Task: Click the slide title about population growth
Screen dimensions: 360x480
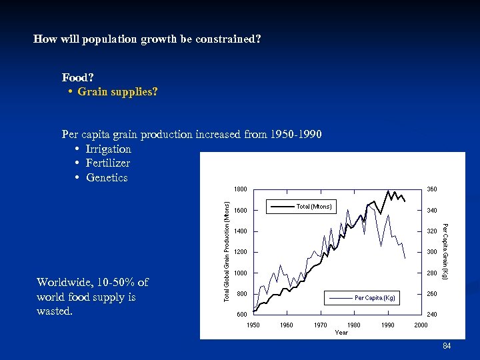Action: [x=147, y=39]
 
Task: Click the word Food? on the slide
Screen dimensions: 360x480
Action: [x=78, y=78]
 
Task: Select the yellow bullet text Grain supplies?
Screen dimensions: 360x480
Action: [x=117, y=91]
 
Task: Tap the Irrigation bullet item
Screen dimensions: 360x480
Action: [x=109, y=149]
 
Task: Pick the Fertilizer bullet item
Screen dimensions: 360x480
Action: [x=108, y=163]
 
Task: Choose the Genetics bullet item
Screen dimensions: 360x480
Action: [x=107, y=177]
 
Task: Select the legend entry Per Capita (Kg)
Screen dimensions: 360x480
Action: [x=375, y=297]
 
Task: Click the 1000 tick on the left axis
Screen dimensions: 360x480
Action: [x=241, y=273]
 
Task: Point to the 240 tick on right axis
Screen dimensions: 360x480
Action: [x=433, y=315]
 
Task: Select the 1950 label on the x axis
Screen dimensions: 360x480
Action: [x=254, y=325]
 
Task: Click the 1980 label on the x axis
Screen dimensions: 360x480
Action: [x=354, y=325]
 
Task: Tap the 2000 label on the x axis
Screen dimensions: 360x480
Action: [x=421, y=325]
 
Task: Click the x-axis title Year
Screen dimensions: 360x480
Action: [x=341, y=332]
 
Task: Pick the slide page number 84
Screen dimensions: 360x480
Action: [x=447, y=346]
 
